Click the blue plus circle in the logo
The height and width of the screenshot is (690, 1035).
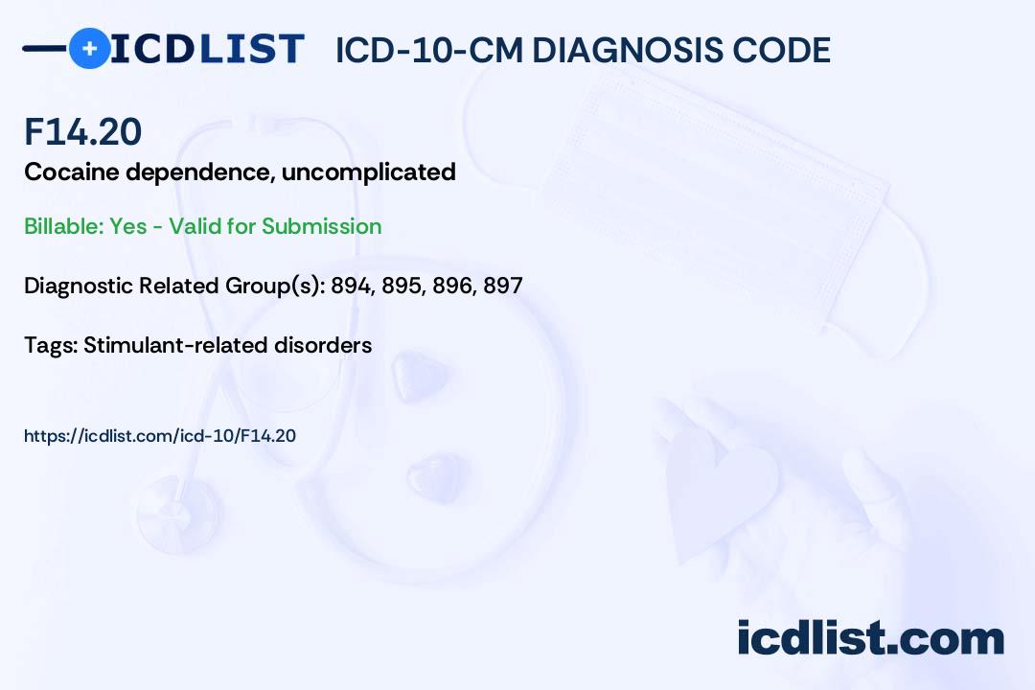pyautogui.click(x=90, y=48)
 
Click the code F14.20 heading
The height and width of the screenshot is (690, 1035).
pyautogui.click(x=83, y=131)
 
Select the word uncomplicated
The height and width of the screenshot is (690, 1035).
pyautogui.click(x=368, y=173)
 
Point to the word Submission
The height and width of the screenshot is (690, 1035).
pyautogui.click(x=321, y=226)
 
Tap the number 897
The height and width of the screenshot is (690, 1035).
pyautogui.click(x=503, y=286)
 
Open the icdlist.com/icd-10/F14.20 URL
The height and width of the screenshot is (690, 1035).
pyautogui.click(x=160, y=436)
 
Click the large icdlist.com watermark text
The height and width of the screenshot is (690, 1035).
pyautogui.click(x=870, y=638)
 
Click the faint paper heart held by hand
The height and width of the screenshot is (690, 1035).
pyautogui.click(x=721, y=485)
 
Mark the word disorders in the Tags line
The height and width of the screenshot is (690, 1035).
pyautogui.click(x=323, y=345)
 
